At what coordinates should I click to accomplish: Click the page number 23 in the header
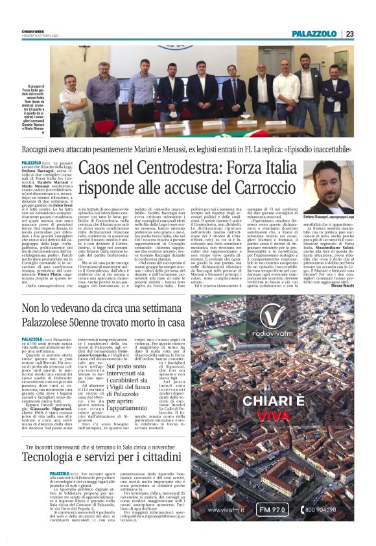click(x=349, y=34)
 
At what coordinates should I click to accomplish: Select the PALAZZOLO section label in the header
click(x=314, y=34)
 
